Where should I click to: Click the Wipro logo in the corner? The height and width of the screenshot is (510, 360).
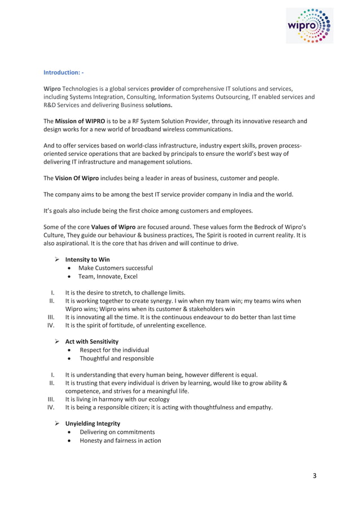[309, 25]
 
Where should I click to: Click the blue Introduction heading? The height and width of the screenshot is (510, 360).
[64, 72]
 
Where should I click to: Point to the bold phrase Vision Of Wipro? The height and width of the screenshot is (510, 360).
[77, 178]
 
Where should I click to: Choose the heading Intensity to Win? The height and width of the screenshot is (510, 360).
[87, 259]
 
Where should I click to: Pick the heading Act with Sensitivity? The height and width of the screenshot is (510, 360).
[92, 341]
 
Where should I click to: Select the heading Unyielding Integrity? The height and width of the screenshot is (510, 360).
[93, 423]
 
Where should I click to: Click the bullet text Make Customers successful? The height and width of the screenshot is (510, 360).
[116, 268]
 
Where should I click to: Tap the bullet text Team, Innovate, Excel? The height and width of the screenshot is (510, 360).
[108, 277]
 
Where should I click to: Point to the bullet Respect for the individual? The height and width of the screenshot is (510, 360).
[114, 350]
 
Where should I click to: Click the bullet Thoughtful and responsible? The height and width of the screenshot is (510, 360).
[116, 358]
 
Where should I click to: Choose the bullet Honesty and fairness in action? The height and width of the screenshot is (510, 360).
[120, 441]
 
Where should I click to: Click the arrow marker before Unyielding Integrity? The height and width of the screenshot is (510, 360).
[57, 423]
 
